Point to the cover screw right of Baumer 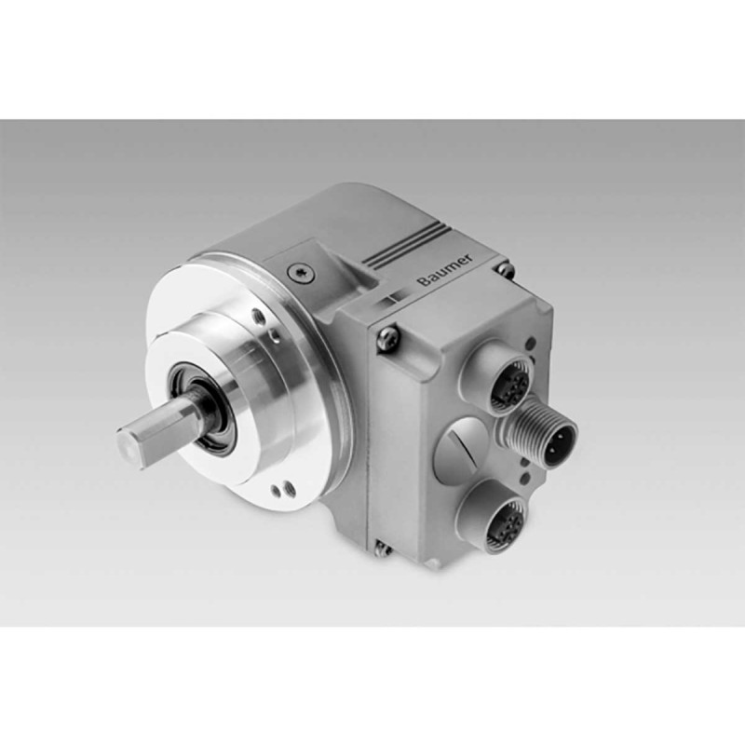[505, 269]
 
